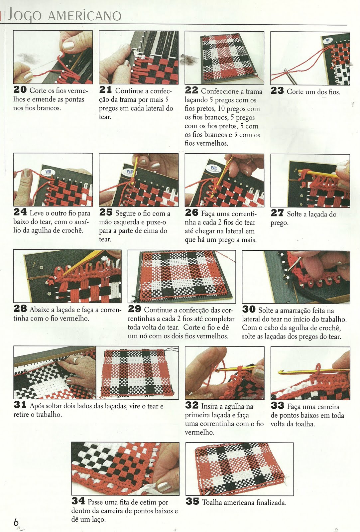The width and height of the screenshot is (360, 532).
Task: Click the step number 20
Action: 20,89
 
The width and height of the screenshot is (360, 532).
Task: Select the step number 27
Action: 277,213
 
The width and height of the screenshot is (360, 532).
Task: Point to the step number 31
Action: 20,405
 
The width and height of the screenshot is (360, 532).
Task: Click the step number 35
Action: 192,501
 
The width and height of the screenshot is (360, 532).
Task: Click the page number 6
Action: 16,523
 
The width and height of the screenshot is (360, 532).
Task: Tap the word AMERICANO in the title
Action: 84,16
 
